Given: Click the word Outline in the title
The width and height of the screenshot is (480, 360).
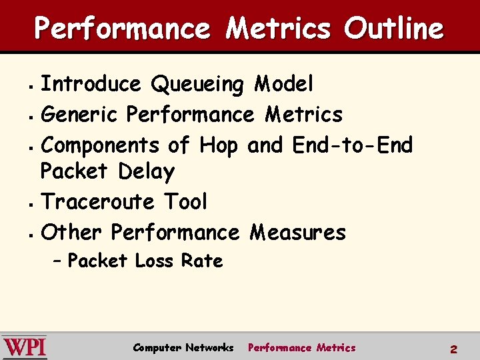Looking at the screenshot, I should (x=393, y=29).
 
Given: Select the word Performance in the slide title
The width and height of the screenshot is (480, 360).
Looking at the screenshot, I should (x=122, y=29).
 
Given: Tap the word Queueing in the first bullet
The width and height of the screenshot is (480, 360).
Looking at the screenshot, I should (x=198, y=85).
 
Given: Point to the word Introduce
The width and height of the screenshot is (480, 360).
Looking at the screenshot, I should (x=91, y=85).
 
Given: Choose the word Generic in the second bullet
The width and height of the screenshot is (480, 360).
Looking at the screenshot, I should (x=80, y=115).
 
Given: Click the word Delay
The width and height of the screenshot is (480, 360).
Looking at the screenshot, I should (x=146, y=172).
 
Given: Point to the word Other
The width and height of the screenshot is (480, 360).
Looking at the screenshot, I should (x=71, y=232).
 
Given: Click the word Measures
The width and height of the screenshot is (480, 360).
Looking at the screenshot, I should (x=297, y=232).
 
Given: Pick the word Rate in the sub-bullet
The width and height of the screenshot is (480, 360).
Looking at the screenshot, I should (x=202, y=261).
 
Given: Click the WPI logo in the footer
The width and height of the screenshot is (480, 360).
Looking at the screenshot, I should (x=25, y=347).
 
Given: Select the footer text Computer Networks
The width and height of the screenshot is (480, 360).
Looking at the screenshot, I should (x=183, y=347).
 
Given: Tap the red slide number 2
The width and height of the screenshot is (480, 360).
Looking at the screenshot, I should (x=453, y=349).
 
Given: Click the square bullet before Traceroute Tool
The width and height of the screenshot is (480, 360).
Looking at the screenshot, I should (x=31, y=203).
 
